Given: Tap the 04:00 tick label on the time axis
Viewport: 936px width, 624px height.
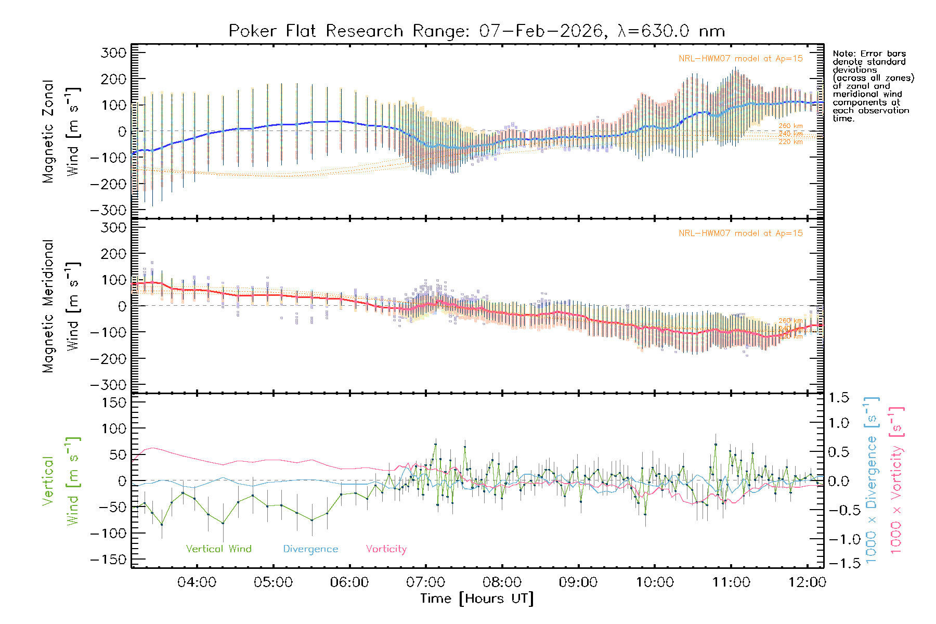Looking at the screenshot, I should tap(197, 582).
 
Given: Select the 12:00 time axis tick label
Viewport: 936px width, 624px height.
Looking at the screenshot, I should tap(807, 582).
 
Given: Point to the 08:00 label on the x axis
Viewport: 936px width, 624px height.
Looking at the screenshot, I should tap(502, 582).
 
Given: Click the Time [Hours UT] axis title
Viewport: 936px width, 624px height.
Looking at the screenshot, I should tap(477, 599).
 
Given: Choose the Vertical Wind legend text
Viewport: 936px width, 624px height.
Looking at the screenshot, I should tap(218, 549).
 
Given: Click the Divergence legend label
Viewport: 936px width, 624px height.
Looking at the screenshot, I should tap(310, 549).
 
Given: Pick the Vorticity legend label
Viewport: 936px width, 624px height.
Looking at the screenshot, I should tap(386, 549).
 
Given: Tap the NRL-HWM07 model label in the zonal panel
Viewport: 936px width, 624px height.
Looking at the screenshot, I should tap(740, 59).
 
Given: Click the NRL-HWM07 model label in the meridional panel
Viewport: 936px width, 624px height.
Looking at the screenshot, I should tap(740, 233).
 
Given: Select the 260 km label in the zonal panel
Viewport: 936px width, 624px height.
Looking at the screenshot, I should tap(790, 126).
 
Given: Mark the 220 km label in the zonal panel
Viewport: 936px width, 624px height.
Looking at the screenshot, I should tap(790, 142).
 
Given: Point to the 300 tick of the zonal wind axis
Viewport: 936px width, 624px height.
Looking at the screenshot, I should tap(113, 53).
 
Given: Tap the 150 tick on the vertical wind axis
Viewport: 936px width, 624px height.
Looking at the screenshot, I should tap(113, 402).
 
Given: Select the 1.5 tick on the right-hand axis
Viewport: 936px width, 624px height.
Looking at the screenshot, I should tap(838, 398).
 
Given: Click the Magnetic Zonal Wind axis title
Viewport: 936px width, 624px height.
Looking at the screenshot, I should tap(61, 131).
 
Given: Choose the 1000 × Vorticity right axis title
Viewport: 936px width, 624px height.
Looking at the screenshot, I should tap(896, 479).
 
